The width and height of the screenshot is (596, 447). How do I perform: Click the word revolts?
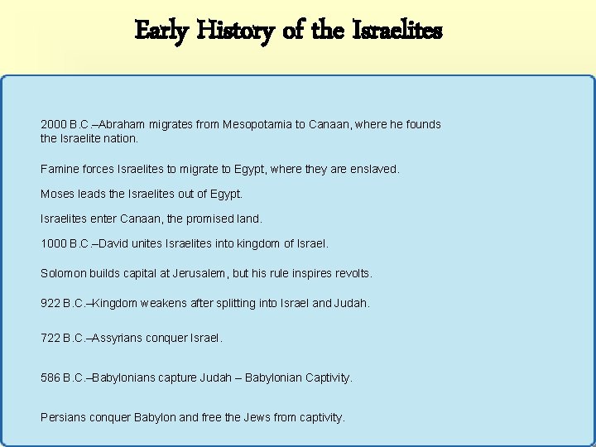pyautogui.click(x=351, y=273)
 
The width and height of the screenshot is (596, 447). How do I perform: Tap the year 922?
pyautogui.click(x=50, y=304)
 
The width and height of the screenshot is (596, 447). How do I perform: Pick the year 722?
pyautogui.click(x=50, y=339)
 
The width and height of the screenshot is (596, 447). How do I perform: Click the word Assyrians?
pyautogui.click(x=120, y=339)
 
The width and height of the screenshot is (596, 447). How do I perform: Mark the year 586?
pyautogui.click(x=50, y=377)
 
